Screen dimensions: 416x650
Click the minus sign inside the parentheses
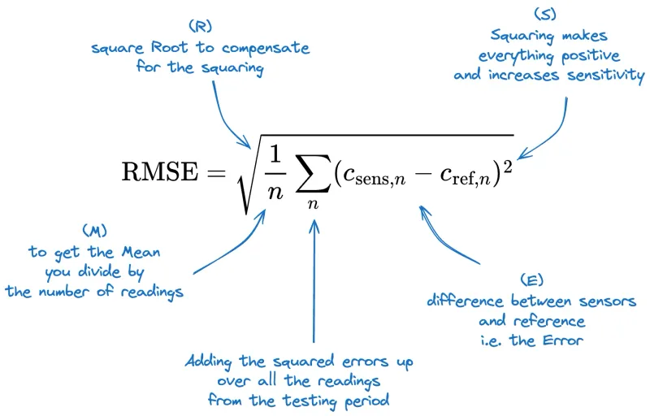pos(419,173)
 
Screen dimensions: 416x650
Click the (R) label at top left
pos(199,28)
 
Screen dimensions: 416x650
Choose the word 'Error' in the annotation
pos(562,340)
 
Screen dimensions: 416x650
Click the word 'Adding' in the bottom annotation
pos(208,361)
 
